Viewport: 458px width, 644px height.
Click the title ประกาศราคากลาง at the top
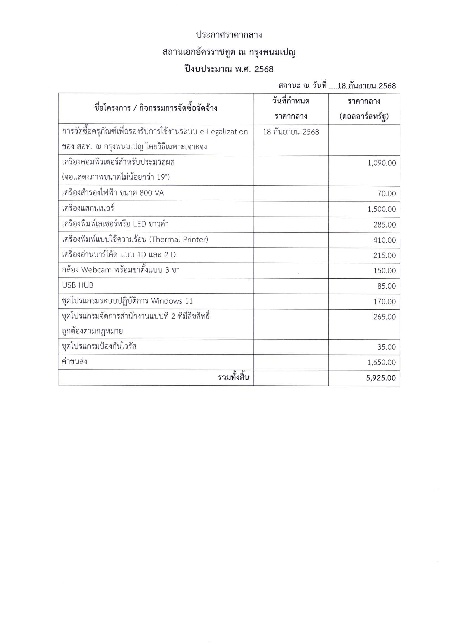[229, 35]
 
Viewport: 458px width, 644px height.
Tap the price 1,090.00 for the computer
[381, 163]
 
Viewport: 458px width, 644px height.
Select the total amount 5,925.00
[380, 378]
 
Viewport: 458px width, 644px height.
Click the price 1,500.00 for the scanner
[381, 209]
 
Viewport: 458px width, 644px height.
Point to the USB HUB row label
[78, 285]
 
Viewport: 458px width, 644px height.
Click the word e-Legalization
[224, 132]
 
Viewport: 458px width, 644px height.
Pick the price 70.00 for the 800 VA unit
[386, 194]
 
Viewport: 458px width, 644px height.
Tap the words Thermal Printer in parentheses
[179, 240]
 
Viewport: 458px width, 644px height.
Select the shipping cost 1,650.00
[381, 362]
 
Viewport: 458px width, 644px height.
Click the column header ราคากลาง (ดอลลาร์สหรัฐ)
[364, 109]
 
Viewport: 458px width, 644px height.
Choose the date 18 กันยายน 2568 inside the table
[291, 132]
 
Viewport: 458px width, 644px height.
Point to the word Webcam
[96, 270]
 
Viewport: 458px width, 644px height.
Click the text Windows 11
[172, 301]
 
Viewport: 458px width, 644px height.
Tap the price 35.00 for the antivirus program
[386, 347]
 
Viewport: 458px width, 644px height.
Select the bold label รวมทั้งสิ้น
[233, 378]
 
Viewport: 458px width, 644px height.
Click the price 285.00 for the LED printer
[384, 225]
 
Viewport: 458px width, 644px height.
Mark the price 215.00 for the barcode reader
[384, 255]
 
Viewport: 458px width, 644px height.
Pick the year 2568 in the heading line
[264, 69]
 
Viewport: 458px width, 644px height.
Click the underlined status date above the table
[366, 85]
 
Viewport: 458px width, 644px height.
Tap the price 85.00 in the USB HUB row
[386, 286]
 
